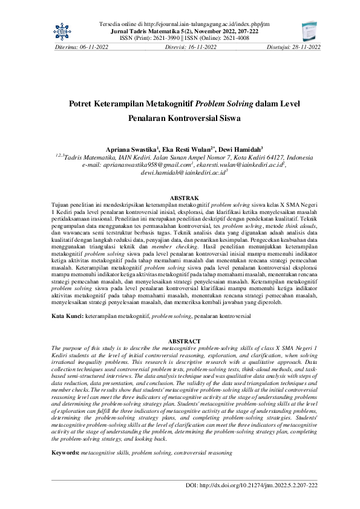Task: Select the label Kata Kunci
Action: (67, 317)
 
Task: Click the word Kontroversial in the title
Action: (185, 119)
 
